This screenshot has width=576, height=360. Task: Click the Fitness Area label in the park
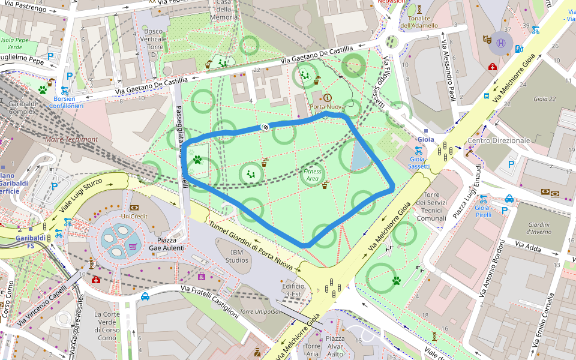point(312,175)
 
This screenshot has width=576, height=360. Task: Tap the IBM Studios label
point(232,256)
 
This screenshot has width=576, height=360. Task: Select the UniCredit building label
point(134,216)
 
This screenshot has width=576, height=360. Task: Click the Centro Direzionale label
point(499,140)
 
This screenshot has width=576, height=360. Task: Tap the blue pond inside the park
point(359,157)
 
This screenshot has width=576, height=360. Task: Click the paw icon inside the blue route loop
point(197,160)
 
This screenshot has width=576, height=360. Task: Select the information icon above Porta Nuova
point(327,97)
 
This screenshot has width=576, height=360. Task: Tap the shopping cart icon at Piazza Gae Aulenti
point(132,245)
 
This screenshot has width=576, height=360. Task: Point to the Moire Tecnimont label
point(71,139)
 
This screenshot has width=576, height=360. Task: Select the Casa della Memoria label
point(223,10)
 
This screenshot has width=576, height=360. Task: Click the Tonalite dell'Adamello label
point(418,22)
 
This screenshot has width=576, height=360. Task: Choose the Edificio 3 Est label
point(292,290)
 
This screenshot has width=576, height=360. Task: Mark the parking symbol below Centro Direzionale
point(511,164)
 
